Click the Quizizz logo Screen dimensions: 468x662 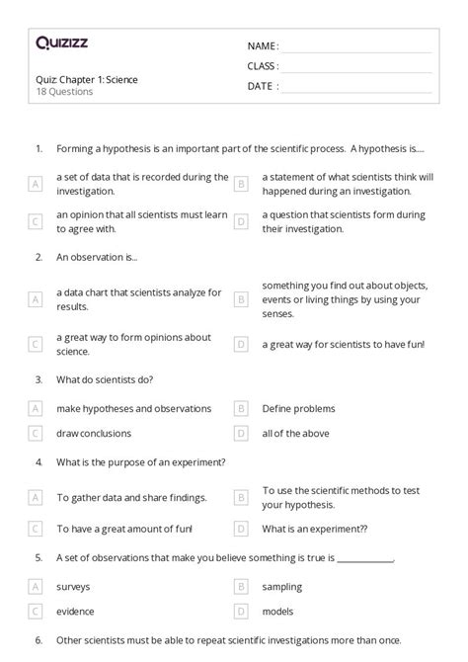[x=62, y=42]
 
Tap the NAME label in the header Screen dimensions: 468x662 [x=263, y=46]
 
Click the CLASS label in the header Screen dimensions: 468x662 [x=263, y=66]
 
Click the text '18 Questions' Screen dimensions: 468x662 [x=64, y=92]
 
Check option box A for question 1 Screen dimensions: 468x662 [x=36, y=184]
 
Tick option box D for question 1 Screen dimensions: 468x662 [x=240, y=221]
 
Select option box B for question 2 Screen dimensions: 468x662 [x=240, y=299]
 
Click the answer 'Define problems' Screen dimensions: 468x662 [x=298, y=408]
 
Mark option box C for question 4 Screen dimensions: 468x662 [x=36, y=529]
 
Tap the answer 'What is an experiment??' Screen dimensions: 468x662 [x=315, y=529]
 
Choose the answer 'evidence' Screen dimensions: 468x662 [x=76, y=612]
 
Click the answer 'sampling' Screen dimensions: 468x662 [x=282, y=587]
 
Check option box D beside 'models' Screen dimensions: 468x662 [x=240, y=612]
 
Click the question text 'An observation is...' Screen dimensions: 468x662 [x=97, y=257]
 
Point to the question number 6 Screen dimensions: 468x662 [x=39, y=640]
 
